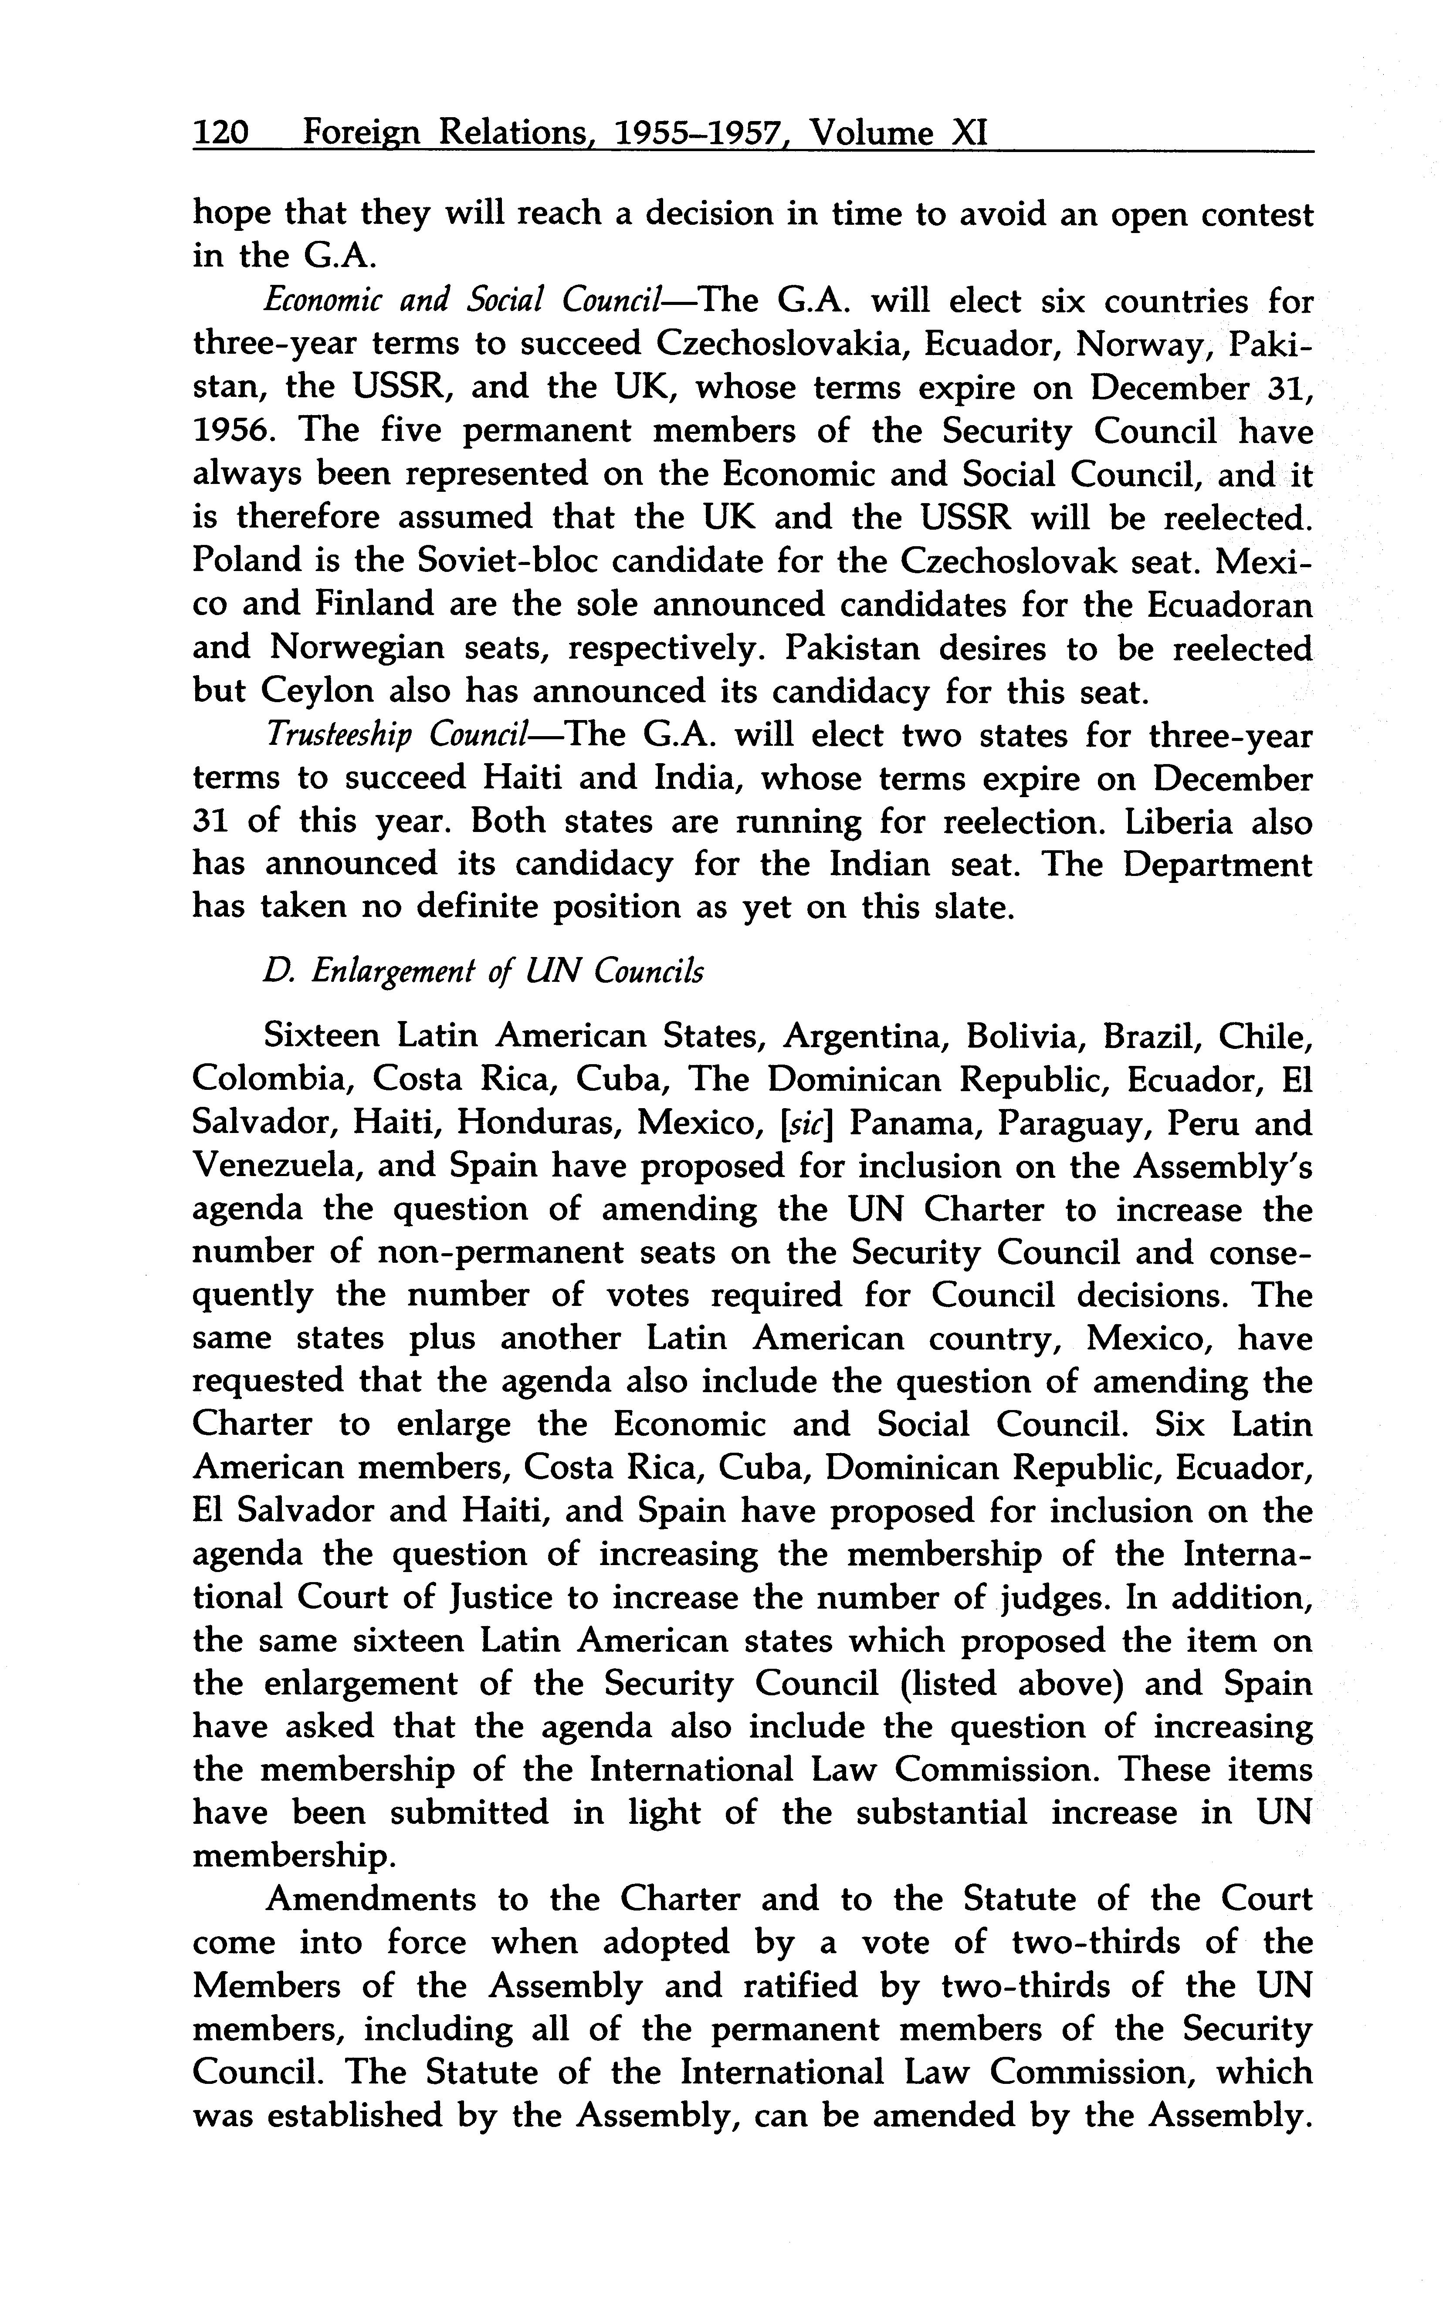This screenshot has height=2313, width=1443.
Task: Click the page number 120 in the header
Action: coord(221,132)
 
